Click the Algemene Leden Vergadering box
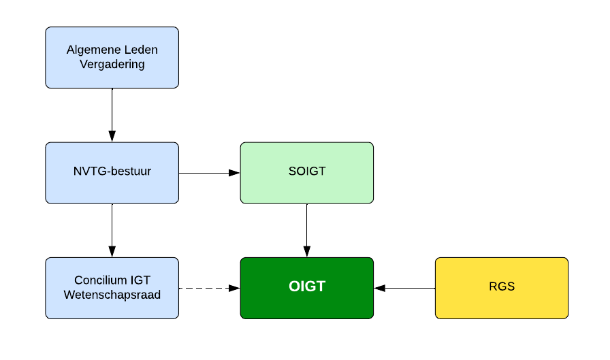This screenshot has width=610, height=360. click(112, 58)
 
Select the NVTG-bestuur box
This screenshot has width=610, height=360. click(112, 173)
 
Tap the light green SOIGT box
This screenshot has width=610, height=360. click(307, 173)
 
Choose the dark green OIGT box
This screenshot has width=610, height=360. click(307, 288)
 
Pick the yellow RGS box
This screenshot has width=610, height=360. click(502, 288)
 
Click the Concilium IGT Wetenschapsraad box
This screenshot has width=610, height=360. click(112, 288)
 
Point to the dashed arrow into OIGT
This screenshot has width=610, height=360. click(209, 288)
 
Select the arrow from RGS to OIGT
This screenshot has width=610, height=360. click(404, 288)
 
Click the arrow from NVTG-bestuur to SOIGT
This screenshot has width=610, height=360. click(209, 173)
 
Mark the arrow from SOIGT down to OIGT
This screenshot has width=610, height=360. click(307, 230)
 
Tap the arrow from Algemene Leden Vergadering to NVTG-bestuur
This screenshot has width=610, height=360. click(112, 115)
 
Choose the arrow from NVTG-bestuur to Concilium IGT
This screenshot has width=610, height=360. click(112, 230)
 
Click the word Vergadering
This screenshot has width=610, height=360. click(112, 64)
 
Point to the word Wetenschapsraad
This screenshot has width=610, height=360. click(112, 295)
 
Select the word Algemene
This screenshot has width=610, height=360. click(91, 50)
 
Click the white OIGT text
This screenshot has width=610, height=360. click(307, 286)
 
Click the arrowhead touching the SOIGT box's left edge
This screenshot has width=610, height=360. click(234, 173)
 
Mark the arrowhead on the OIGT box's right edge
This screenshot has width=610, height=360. click(380, 288)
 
